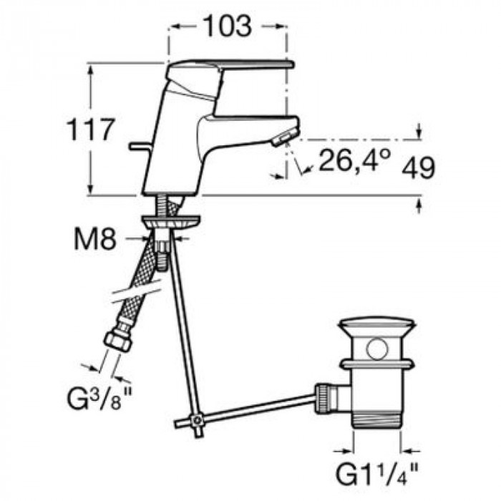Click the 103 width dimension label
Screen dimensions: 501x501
pos(228,26)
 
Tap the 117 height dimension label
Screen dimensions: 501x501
pos(90,129)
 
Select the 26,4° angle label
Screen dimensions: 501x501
pos(355,160)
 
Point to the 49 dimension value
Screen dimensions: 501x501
pos(418,167)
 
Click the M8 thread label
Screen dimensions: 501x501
pos(95,239)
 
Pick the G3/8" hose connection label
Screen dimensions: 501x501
pos(99,397)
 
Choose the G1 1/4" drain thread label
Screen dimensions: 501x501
pos(376,474)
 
